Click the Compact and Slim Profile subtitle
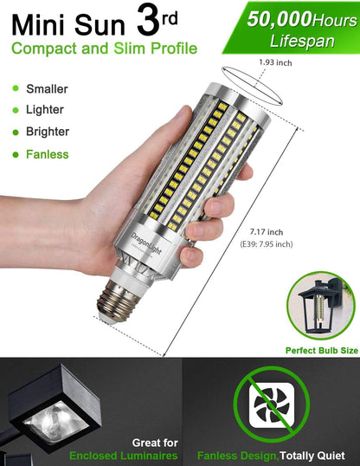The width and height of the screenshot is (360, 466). [104, 49]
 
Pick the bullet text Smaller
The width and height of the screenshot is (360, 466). [48, 88]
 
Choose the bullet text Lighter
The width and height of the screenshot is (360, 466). [46, 110]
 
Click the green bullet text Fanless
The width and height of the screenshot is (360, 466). [48, 155]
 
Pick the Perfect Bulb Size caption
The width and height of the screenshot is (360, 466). [321, 351]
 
